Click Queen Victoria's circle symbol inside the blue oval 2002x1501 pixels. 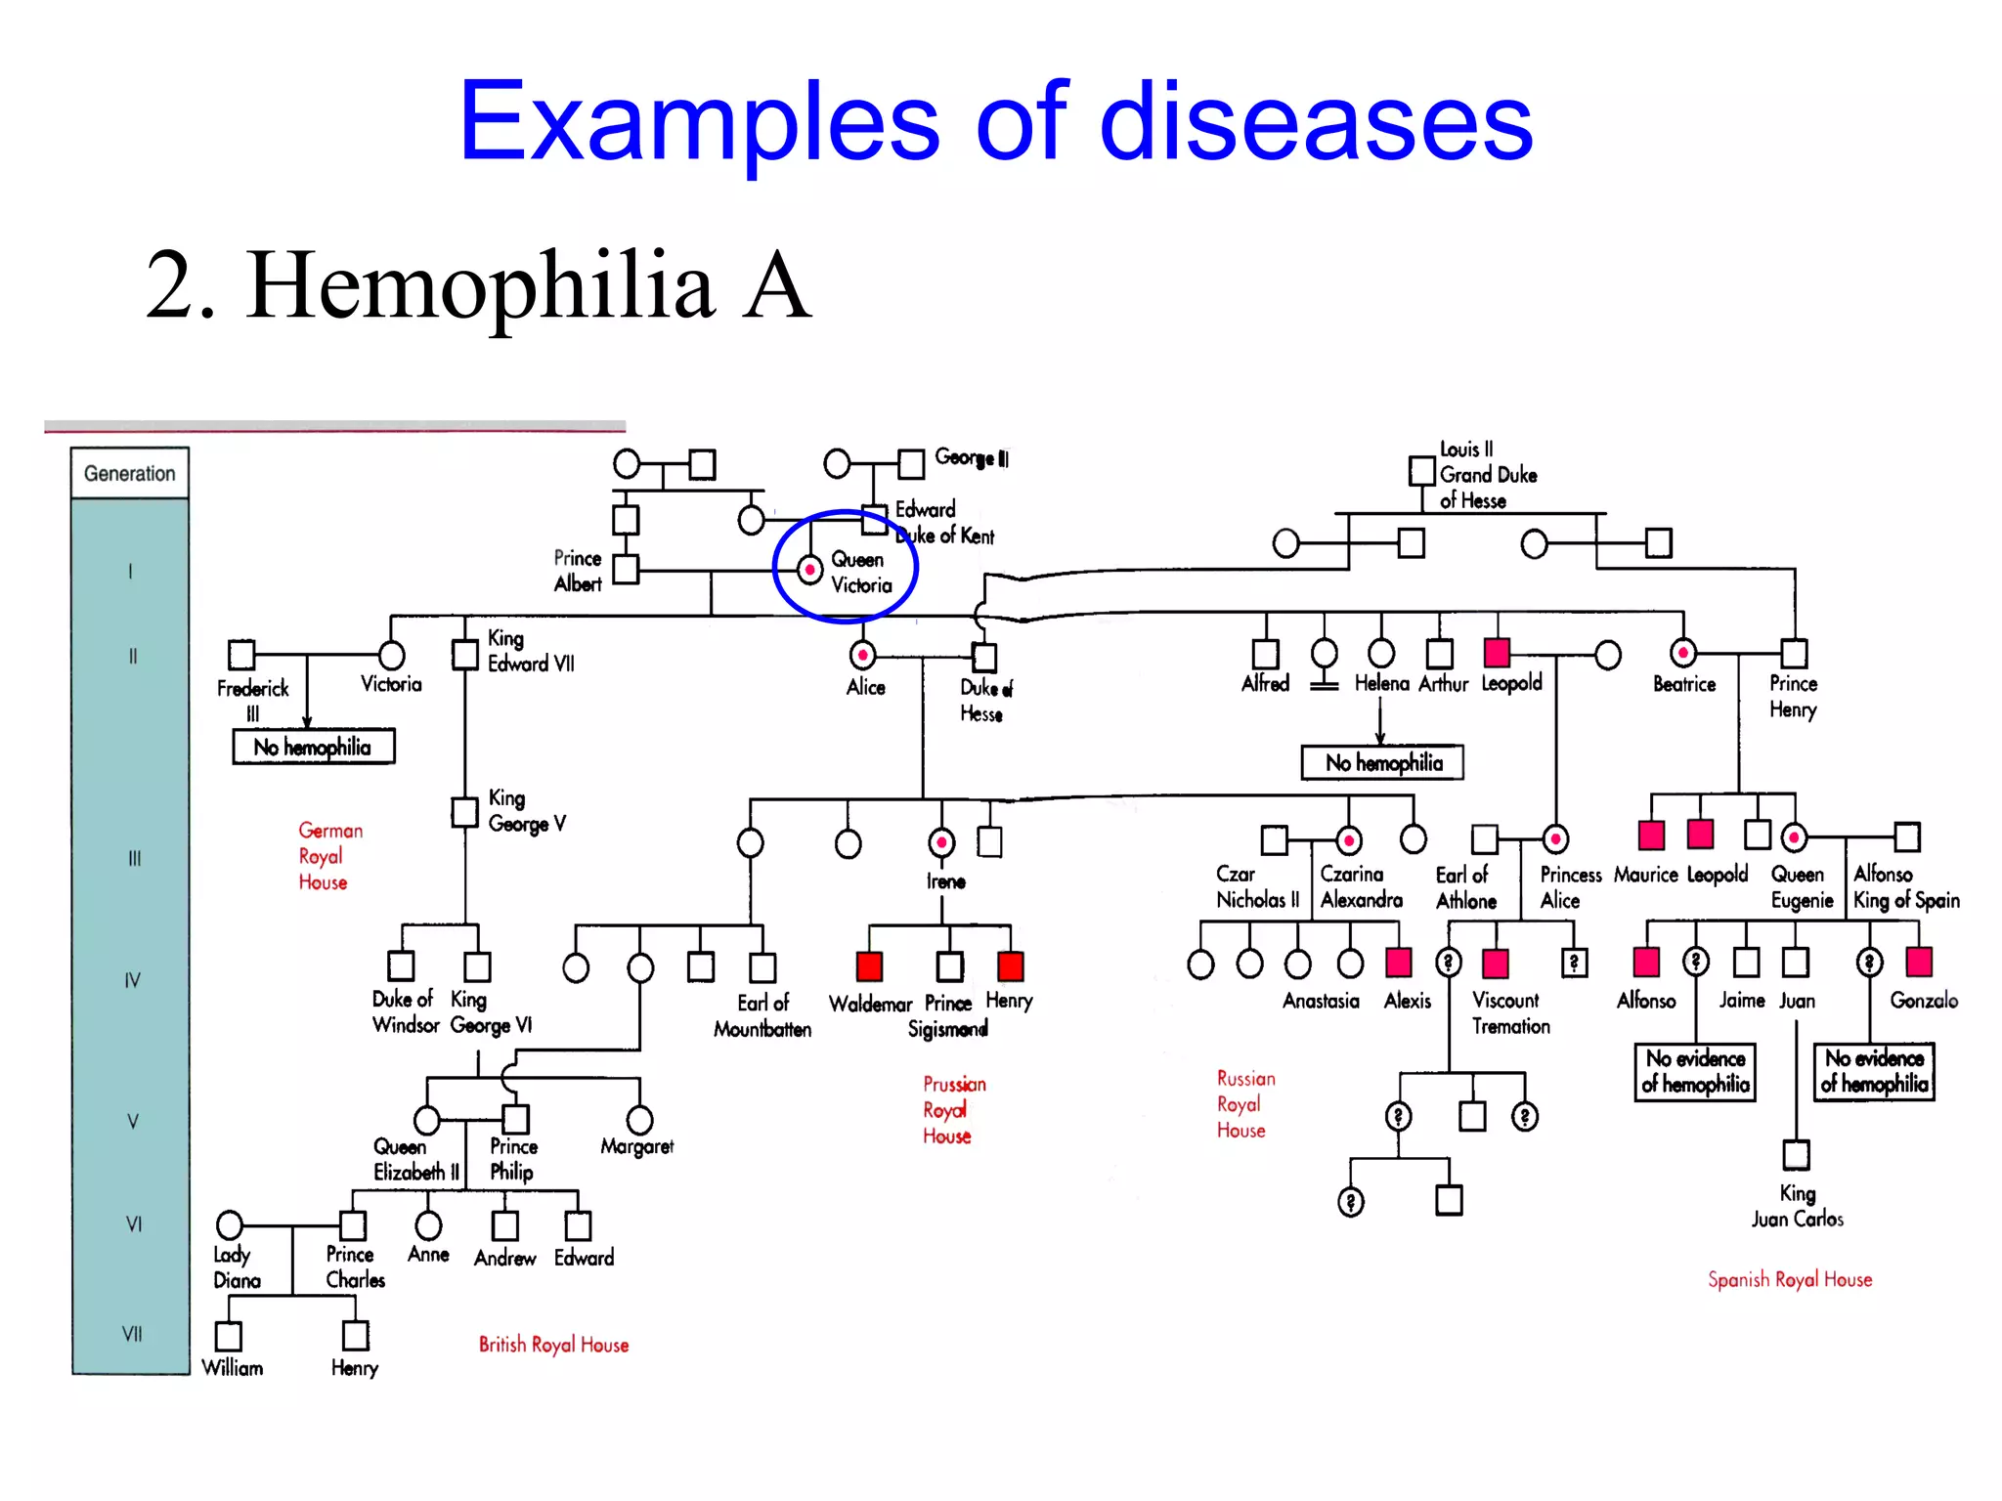coord(809,569)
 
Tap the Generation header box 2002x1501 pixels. coord(129,474)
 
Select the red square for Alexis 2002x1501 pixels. coord(1399,963)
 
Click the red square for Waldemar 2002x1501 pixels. coord(869,966)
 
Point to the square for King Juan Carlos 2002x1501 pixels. coord(1796,1154)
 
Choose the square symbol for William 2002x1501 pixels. coord(229,1335)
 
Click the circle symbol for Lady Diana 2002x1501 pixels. coord(230,1224)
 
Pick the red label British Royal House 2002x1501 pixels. coord(553,1345)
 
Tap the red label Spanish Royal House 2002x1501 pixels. coord(1790,1279)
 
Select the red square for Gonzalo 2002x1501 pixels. coord(1919,962)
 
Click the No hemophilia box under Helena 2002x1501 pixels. coord(1382,763)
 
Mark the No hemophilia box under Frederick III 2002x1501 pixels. coord(313,748)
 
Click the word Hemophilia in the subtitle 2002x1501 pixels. coord(480,285)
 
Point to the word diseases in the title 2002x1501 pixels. coord(1316,122)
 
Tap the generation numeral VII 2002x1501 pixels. coord(132,1334)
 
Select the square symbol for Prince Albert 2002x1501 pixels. coord(626,569)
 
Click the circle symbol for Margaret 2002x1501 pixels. coord(639,1120)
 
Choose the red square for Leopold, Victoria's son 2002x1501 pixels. coord(1497,652)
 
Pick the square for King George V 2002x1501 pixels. coord(464,812)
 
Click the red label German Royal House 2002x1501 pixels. coord(328,856)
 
